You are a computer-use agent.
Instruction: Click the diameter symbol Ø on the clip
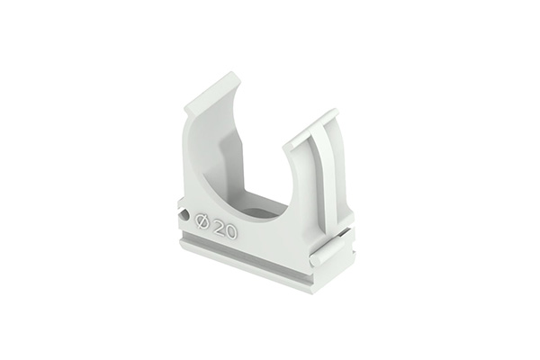click(202, 221)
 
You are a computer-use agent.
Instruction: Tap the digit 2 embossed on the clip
click(219, 228)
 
